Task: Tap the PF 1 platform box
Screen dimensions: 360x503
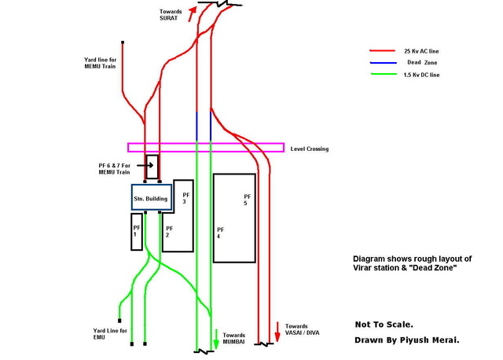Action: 137,231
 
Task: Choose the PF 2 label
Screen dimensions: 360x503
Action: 169,231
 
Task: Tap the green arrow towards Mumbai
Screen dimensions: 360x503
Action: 216,340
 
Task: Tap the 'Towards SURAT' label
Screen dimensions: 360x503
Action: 169,13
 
